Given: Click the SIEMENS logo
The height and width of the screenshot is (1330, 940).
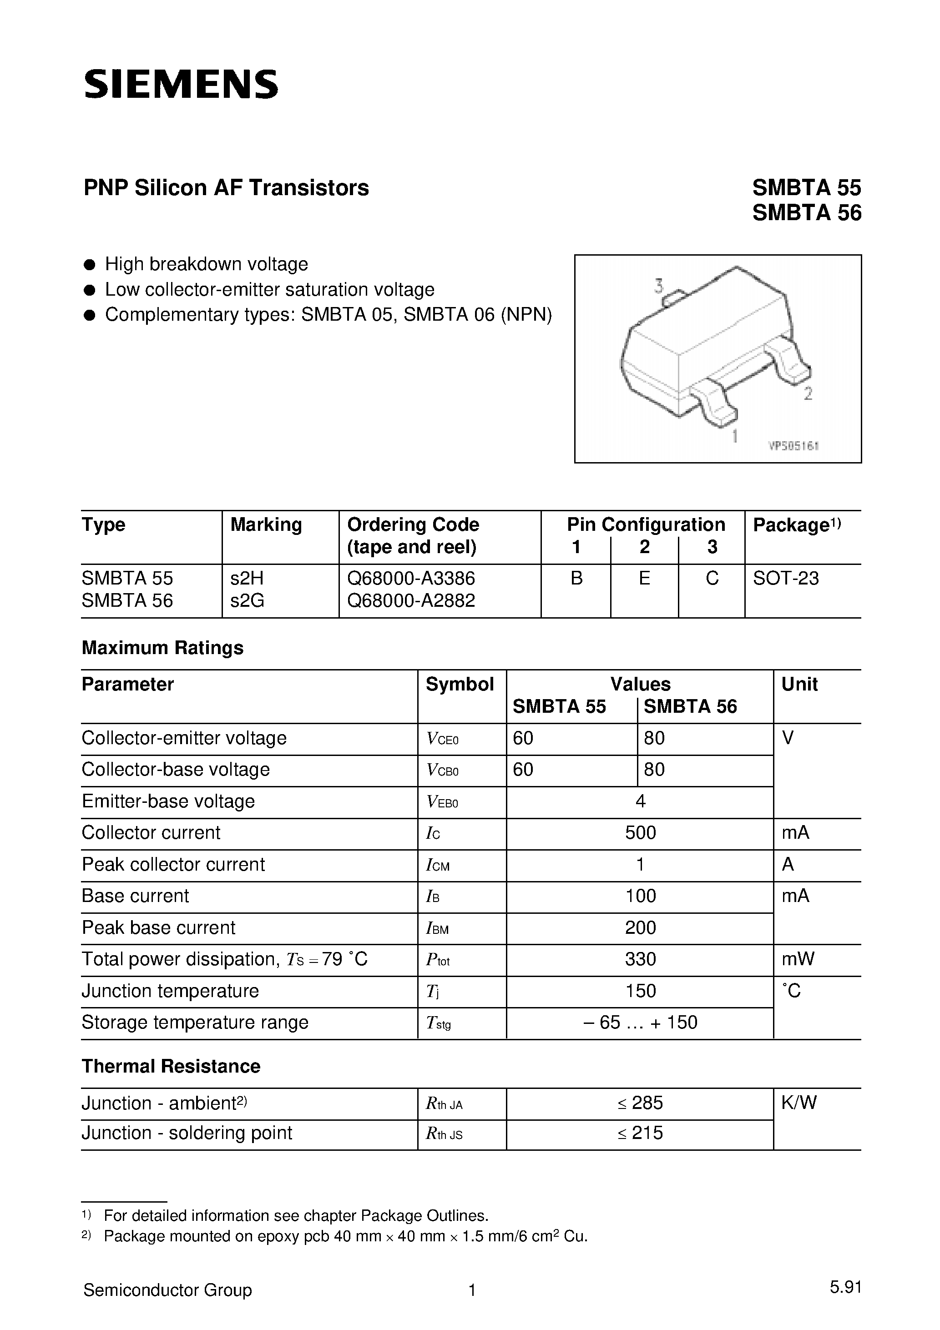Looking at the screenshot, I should pyautogui.click(x=181, y=85).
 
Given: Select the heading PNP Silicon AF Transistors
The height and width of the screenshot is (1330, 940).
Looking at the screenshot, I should pyautogui.click(x=226, y=188).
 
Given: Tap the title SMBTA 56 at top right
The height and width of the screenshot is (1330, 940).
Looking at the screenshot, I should pyautogui.click(x=806, y=214).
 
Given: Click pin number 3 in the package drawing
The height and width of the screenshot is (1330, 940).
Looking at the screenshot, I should pyautogui.click(x=659, y=286).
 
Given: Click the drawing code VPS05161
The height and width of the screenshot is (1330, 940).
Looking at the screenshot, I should pyautogui.click(x=793, y=447).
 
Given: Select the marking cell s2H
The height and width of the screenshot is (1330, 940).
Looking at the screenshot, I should pyautogui.click(x=247, y=578).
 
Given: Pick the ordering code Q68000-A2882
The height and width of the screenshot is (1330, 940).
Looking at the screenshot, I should pyautogui.click(x=411, y=601).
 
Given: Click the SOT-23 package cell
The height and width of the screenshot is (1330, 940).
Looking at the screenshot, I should pyautogui.click(x=785, y=578).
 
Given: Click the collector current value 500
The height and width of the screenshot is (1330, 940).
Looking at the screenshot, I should pyautogui.click(x=640, y=833).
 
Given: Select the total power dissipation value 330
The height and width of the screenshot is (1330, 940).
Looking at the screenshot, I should pyautogui.click(x=640, y=959).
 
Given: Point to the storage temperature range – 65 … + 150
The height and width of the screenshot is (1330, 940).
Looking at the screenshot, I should pyautogui.click(x=640, y=1023).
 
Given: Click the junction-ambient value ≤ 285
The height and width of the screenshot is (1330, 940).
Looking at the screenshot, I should pyautogui.click(x=640, y=1103).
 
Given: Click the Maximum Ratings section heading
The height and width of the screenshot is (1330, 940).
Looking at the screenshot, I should pyautogui.click(x=162, y=648).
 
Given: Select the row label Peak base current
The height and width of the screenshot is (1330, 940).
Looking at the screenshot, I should pyautogui.click(x=158, y=928).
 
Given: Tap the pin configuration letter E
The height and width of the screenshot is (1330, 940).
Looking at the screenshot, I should pyautogui.click(x=644, y=578).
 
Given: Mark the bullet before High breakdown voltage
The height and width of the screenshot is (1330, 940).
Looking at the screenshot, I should pyautogui.click(x=89, y=265).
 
